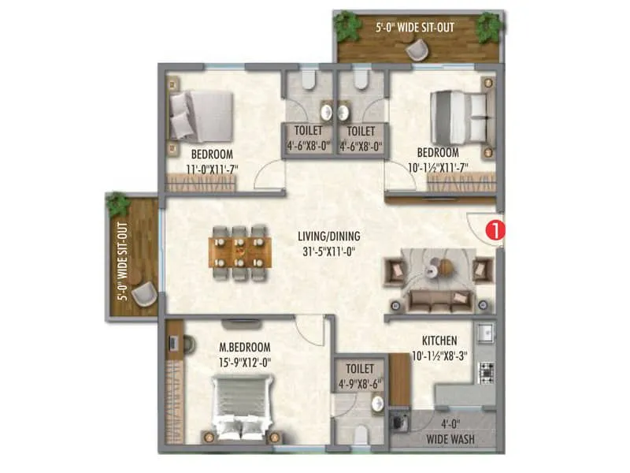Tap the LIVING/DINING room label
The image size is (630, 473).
pos(328,236)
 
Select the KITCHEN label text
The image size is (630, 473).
pos(439,340)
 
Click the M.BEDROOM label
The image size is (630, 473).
pos(245,347)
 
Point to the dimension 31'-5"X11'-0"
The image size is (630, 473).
pos(328,252)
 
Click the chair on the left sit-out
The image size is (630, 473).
pos(143,295)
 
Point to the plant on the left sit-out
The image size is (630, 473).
pos(119,205)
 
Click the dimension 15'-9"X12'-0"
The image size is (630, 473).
pos(245,363)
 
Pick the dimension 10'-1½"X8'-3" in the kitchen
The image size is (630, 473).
pos(439,356)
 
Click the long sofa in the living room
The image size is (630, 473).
pos(436,300)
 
